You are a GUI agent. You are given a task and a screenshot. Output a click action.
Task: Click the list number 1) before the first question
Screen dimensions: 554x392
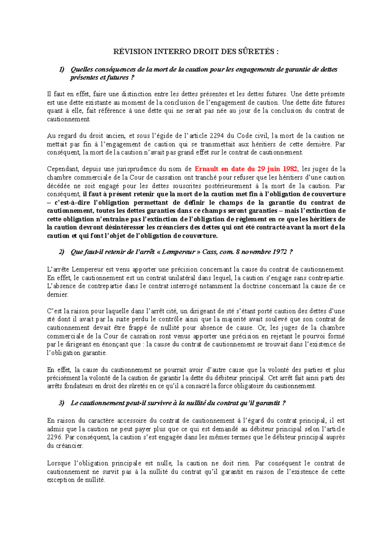(x=62, y=69)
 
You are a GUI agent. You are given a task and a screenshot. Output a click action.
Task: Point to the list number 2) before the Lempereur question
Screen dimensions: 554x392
(x=62, y=252)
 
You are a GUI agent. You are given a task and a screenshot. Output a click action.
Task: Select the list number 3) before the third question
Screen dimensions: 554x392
(x=62, y=403)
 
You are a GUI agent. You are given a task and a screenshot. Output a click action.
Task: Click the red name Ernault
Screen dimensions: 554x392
(x=206, y=169)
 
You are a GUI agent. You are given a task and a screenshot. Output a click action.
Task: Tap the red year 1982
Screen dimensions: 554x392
(x=290, y=169)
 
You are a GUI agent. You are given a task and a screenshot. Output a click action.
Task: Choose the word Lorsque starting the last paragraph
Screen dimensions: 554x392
(x=59, y=463)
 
